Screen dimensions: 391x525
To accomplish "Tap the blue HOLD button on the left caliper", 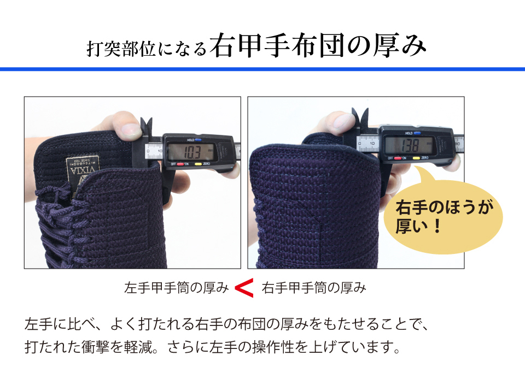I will tap(198, 140).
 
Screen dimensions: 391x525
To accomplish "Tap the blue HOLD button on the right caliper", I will tap(417, 133).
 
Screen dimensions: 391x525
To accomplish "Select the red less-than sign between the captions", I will tap(244, 288).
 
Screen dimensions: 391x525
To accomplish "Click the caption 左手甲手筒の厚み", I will tap(176, 288).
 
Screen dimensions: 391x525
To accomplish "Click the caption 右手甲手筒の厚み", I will tap(313, 288).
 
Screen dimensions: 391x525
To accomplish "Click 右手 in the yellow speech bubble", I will tap(410, 208).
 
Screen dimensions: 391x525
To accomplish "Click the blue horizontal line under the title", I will tap(262, 69).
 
